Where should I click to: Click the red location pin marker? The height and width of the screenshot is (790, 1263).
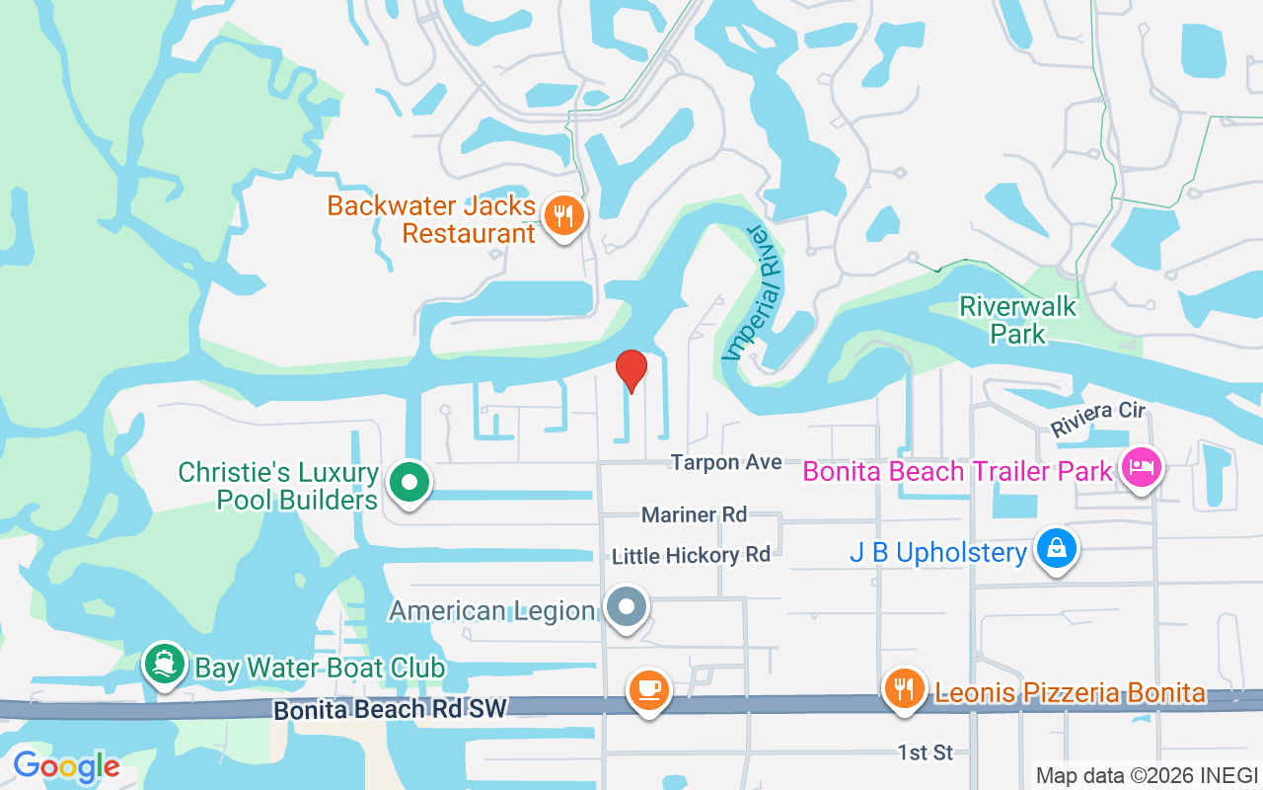631,371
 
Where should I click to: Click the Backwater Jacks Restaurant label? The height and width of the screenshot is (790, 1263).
432,220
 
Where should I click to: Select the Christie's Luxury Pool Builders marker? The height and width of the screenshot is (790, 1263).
409,484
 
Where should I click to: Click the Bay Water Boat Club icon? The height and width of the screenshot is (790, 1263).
165,665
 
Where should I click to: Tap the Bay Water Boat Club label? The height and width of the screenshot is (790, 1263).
320,669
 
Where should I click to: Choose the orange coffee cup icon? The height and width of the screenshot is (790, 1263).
648,688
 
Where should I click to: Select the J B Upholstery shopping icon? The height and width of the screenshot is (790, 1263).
1056,548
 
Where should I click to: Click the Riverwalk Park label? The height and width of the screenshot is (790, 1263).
1018,320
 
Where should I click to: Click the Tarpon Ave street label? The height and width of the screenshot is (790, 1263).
726,462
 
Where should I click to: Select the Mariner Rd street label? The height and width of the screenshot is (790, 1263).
694,514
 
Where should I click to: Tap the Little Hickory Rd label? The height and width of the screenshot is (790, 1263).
691,556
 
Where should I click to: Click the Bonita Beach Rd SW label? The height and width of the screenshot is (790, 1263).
390,709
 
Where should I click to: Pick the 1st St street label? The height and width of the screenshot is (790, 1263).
926,752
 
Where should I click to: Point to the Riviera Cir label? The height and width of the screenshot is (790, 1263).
1097,419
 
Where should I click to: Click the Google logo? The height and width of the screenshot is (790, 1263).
66,766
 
